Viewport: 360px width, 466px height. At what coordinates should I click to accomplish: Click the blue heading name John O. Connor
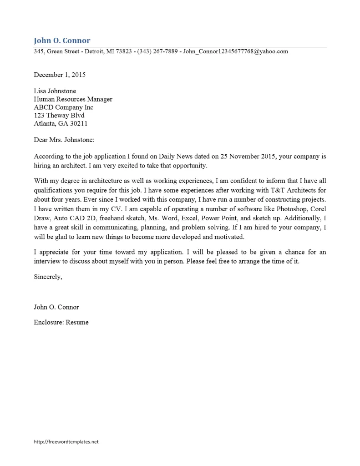[x=62, y=41]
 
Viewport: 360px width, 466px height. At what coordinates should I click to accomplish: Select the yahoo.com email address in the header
[x=235, y=51]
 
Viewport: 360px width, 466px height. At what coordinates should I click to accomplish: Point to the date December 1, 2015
[x=60, y=75]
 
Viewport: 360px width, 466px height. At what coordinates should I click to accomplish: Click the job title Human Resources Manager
[x=73, y=99]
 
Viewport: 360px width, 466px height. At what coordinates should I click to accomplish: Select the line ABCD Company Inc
[x=63, y=107]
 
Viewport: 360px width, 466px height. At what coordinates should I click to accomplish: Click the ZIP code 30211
[x=78, y=124]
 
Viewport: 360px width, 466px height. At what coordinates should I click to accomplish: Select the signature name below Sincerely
[x=56, y=307]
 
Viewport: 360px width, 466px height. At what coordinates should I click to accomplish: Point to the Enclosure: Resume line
[x=61, y=323]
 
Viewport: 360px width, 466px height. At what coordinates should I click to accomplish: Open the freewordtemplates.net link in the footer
[x=66, y=441]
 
